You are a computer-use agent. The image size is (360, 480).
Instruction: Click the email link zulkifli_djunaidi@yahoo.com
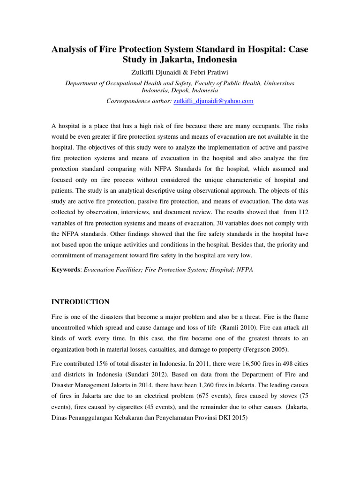tap(213, 101)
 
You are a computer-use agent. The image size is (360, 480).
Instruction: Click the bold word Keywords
tap(66, 270)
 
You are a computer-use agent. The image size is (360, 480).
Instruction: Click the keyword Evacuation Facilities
tap(112, 270)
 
